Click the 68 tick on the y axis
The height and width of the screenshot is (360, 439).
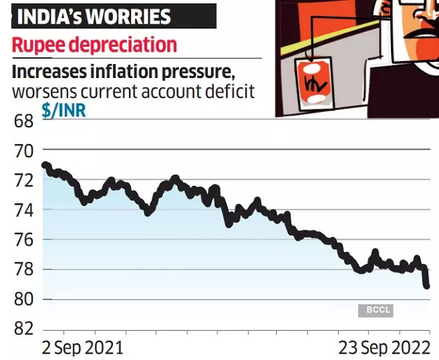tap(23, 121)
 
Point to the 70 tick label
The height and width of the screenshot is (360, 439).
tap(23, 150)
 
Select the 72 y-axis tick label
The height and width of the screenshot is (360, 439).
tap(23, 180)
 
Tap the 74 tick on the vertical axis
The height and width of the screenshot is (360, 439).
tap(23, 210)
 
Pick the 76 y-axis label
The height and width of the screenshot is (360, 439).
tap(23, 240)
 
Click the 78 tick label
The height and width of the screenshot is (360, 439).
tap(23, 270)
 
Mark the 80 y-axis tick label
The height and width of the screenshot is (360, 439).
tap(23, 300)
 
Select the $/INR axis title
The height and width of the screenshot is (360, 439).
tap(64, 111)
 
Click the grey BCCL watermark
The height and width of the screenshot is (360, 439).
tap(376, 310)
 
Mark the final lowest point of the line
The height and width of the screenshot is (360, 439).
tap(426, 285)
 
